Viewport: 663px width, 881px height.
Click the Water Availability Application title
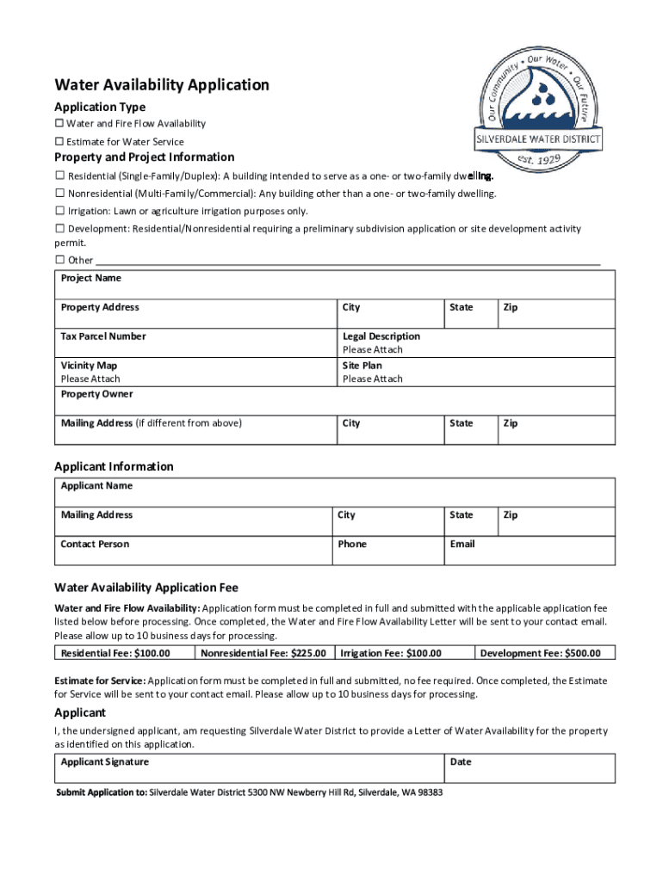click(x=162, y=84)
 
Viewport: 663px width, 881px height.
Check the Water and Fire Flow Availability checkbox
click(x=59, y=124)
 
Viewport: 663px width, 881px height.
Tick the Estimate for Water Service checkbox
click(x=59, y=142)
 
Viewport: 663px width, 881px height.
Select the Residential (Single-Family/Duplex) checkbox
click(x=59, y=176)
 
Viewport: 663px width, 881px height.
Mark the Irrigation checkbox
click(x=59, y=211)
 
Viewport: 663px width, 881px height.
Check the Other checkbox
click(x=59, y=260)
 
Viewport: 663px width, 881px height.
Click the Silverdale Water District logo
click(x=539, y=107)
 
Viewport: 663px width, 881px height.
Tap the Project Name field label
click(x=90, y=278)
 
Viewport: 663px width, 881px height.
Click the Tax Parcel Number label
click(x=102, y=336)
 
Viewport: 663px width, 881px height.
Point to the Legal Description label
click(x=381, y=336)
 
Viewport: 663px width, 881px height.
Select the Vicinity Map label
click(x=89, y=366)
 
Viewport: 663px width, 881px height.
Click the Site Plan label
click(x=362, y=366)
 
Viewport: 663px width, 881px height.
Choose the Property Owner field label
click(x=96, y=394)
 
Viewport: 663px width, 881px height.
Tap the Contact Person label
click(x=94, y=544)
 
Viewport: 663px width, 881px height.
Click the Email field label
click(x=462, y=544)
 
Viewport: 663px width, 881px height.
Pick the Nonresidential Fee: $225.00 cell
click(x=263, y=653)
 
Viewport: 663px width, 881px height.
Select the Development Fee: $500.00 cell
click(x=546, y=653)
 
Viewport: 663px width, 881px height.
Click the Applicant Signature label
click(x=104, y=761)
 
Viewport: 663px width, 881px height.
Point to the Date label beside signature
click(x=461, y=761)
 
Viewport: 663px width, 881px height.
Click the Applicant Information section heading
click(x=114, y=466)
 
